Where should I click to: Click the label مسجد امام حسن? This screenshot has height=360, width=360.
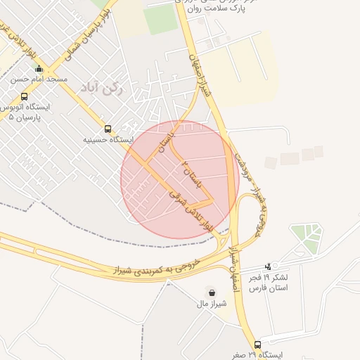(39, 79)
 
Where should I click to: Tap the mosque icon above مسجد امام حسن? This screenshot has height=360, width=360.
(39, 69)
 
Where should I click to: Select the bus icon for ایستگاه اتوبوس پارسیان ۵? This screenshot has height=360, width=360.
(25, 96)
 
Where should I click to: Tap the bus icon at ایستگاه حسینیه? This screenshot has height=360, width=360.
(108, 129)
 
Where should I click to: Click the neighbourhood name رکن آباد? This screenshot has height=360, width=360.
(112, 89)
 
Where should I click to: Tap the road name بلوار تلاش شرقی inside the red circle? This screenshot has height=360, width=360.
(191, 209)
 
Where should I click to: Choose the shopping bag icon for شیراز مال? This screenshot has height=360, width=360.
(212, 292)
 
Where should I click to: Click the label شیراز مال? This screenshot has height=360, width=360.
(212, 304)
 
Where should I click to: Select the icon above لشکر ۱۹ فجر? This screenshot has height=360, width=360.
(267, 266)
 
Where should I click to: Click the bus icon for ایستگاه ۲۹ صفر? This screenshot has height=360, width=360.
(257, 345)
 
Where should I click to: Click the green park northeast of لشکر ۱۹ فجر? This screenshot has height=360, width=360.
(307, 238)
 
